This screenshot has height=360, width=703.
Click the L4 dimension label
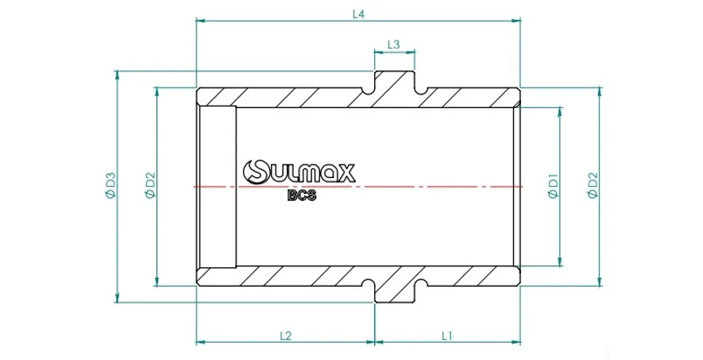(358, 14)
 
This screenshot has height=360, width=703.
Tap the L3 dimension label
(393, 45)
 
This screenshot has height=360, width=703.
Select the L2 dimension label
(286, 335)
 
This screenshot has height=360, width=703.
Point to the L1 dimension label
(446, 335)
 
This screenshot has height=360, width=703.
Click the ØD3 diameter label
(110, 186)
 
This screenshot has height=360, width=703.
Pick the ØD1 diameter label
(553, 186)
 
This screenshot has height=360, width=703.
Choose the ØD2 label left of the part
(150, 186)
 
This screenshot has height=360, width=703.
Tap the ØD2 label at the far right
(593, 186)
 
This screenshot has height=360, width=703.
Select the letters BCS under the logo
(302, 196)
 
